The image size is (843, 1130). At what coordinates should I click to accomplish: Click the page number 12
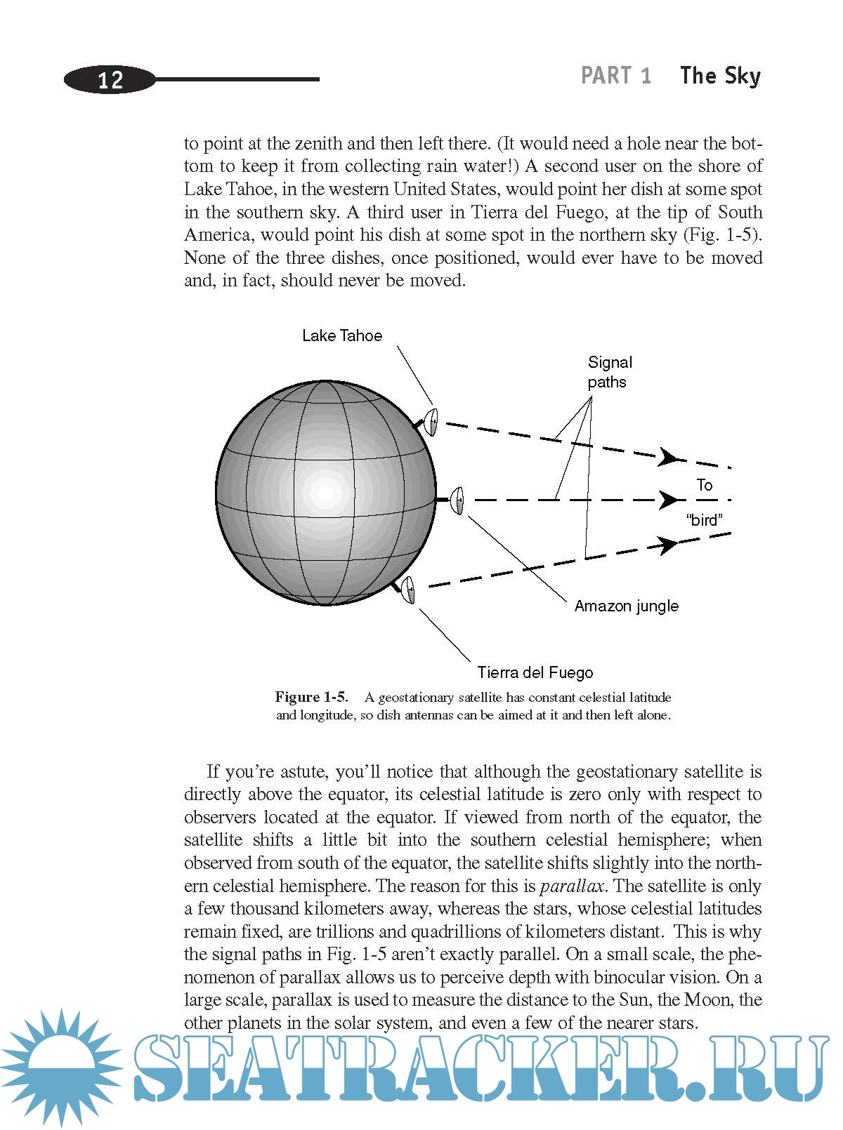[110, 79]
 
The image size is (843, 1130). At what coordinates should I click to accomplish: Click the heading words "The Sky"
[720, 75]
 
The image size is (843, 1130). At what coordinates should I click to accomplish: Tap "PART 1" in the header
[616, 75]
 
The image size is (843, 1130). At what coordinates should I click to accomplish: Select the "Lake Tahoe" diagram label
[342, 335]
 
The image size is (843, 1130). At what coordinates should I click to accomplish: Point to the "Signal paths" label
[609, 372]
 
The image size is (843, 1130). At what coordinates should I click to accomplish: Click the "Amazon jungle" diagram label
[626, 606]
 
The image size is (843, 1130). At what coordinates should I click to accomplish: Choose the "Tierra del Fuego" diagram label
[535, 672]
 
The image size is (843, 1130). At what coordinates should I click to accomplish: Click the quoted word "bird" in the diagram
[704, 520]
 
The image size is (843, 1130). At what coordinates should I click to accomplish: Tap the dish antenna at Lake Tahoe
[431, 422]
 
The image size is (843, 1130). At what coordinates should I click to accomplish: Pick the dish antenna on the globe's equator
[457, 500]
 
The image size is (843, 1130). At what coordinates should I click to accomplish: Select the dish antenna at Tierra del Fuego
[408, 590]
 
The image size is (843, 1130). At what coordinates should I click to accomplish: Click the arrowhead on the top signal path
[668, 458]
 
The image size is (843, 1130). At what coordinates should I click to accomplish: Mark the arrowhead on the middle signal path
[669, 500]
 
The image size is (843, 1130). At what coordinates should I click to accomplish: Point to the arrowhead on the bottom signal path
[667, 544]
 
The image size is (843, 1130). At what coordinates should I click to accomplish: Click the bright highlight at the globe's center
[325, 493]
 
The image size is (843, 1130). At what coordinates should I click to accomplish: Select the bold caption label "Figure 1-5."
[311, 697]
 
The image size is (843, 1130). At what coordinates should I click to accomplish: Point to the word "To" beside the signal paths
[704, 485]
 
